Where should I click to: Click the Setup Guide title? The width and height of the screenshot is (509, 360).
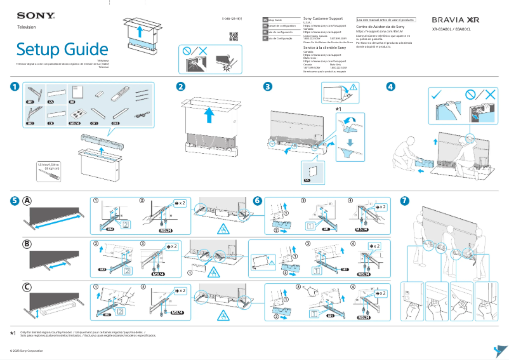62,49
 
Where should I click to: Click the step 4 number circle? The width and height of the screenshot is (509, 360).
390,86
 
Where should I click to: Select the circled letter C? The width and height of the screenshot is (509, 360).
27,287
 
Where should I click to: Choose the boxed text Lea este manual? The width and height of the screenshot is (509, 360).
386,20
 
